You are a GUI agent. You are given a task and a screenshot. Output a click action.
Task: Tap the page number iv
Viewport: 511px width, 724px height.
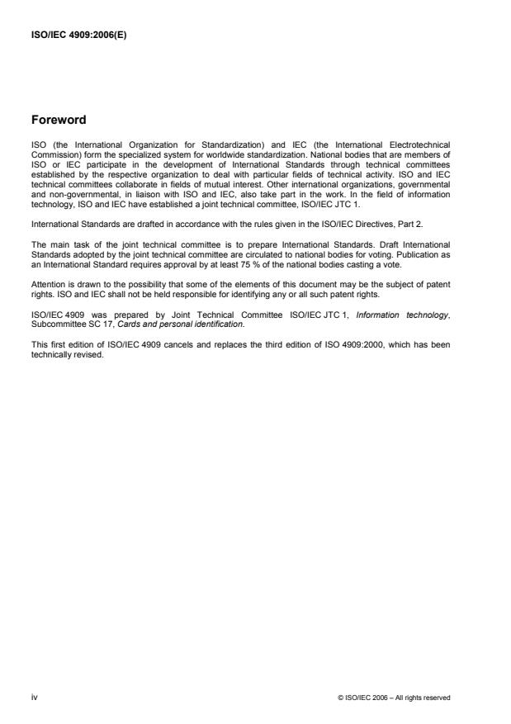(x=34, y=698)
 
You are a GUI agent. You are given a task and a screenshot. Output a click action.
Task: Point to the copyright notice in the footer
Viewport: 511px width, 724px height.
(x=395, y=698)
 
